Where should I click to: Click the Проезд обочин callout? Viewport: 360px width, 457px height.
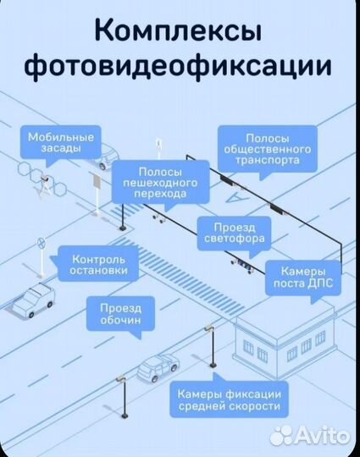[120, 314]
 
